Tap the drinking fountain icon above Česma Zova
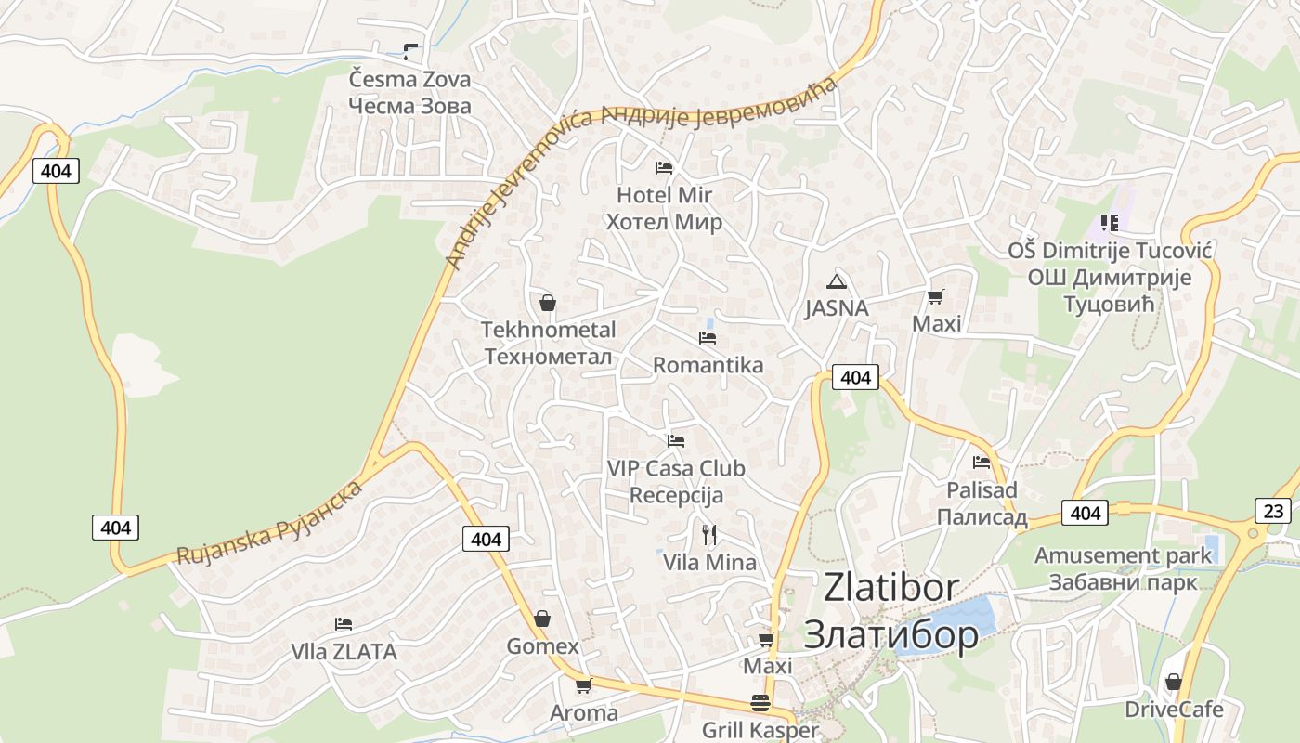click(x=409, y=51)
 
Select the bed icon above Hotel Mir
click(x=663, y=168)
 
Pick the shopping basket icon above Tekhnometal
click(x=548, y=303)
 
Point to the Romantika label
click(x=708, y=365)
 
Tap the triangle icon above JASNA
click(x=837, y=281)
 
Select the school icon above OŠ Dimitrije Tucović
click(x=1109, y=222)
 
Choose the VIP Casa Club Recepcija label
click(x=676, y=481)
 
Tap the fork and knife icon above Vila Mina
click(x=709, y=534)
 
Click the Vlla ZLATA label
click(x=344, y=652)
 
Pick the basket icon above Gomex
click(x=542, y=619)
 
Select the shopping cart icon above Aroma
click(x=583, y=685)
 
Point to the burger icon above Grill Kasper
click(x=760, y=702)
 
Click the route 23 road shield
click(x=1272, y=510)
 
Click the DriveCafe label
click(x=1174, y=710)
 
